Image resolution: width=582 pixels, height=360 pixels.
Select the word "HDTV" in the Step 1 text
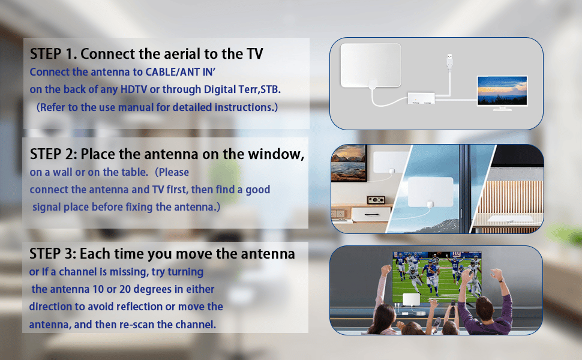pyautogui.click(x=134, y=89)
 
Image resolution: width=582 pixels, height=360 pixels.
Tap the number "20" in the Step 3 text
pyautogui.click(x=125, y=289)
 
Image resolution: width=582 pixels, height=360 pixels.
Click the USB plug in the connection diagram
pyautogui.click(x=449, y=61)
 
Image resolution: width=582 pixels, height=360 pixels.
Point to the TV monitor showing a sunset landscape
pyautogui.click(x=502, y=93)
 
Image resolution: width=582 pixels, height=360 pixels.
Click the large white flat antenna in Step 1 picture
pyautogui.click(x=371, y=65)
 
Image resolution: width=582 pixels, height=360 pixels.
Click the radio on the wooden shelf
pyautogui.click(x=376, y=200)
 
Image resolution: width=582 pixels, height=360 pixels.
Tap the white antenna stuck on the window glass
pyautogui.click(x=431, y=192)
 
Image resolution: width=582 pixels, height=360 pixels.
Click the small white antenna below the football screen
pyautogui.click(x=411, y=299)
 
